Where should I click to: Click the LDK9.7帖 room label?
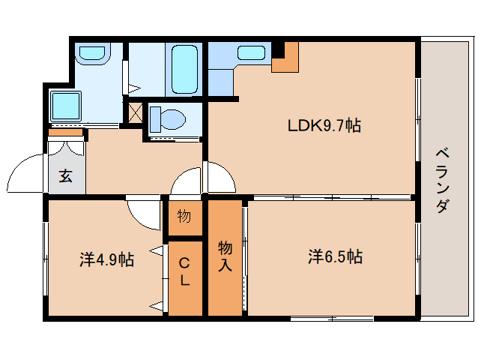(x=324, y=125)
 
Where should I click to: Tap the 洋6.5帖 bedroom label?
(x=335, y=256)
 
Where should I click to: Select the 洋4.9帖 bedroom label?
(x=106, y=259)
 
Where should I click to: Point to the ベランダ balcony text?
(x=443, y=180)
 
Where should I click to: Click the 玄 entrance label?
(x=66, y=175)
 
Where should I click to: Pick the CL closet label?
(x=184, y=271)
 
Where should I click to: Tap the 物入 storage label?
(x=225, y=256)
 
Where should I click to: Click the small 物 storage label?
(x=184, y=216)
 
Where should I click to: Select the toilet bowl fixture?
(x=169, y=119)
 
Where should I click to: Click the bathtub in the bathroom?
(x=184, y=70)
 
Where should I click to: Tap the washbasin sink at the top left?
(x=92, y=53)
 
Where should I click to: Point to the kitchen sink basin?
(x=251, y=52)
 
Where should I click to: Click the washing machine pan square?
(x=66, y=106)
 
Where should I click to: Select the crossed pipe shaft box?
(x=136, y=112)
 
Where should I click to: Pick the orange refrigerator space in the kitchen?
(x=285, y=57)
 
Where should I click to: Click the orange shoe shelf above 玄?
(x=66, y=133)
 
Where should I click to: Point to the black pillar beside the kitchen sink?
(x=278, y=49)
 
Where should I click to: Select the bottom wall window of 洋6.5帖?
(x=332, y=319)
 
